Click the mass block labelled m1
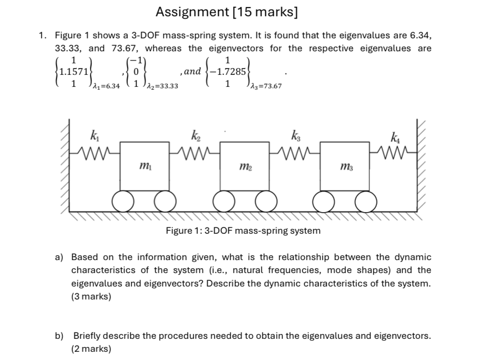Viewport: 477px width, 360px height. pyautogui.click(x=144, y=166)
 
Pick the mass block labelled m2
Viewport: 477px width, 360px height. pyautogui.click(x=245, y=166)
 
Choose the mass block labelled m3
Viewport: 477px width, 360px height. pyautogui.click(x=345, y=166)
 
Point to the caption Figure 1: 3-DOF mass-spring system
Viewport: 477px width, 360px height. pyautogui.click(x=243, y=231)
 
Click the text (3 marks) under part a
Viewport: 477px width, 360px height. pyautogui.click(x=91, y=297)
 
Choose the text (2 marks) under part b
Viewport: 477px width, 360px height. pyautogui.click(x=91, y=349)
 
